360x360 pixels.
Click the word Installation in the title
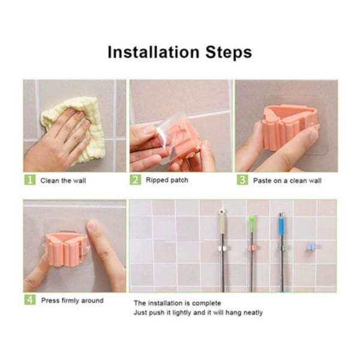tap(154, 52)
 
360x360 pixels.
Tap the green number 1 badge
tap(30, 179)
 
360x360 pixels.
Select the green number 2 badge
tap(135, 179)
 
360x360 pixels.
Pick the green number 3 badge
tap(242, 179)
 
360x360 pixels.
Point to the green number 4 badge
tap(30, 299)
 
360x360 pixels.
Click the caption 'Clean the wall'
tap(63, 181)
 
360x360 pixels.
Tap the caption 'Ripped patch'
tap(167, 180)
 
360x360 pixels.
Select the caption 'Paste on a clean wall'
tap(287, 181)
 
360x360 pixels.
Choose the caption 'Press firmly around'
tap(73, 301)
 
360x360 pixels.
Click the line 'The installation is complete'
tap(178, 303)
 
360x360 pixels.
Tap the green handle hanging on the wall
tap(252, 224)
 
